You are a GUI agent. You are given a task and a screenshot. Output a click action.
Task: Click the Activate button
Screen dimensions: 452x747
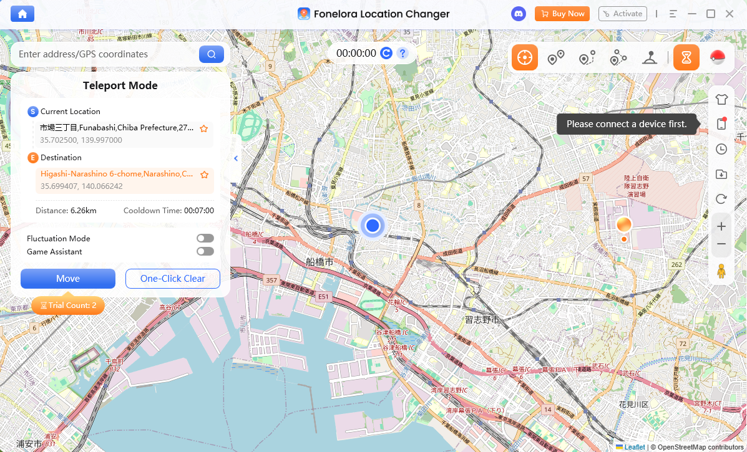(x=622, y=14)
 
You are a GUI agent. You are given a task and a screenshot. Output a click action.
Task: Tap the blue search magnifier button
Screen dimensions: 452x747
(x=212, y=54)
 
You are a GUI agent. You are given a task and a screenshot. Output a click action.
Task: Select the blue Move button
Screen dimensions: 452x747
(x=68, y=279)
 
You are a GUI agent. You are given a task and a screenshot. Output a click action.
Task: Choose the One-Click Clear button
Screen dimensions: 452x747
(x=173, y=279)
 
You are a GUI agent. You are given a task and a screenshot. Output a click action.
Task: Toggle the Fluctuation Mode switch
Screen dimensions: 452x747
(x=205, y=238)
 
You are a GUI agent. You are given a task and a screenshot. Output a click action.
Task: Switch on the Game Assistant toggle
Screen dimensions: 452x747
(x=205, y=251)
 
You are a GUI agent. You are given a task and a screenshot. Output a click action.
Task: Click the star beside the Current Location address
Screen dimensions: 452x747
(x=203, y=128)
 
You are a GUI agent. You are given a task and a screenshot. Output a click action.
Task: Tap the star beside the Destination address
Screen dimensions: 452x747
(x=203, y=175)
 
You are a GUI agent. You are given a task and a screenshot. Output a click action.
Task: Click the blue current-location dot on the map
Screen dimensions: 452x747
(x=373, y=225)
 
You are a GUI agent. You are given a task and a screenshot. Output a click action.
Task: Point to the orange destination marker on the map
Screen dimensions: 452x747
(x=623, y=225)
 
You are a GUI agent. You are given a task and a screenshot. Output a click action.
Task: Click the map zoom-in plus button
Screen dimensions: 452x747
(x=721, y=226)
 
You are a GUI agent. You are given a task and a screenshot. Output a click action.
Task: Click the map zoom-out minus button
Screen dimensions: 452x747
(x=721, y=244)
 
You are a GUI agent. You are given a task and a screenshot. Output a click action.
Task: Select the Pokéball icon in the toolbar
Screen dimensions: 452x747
(x=718, y=58)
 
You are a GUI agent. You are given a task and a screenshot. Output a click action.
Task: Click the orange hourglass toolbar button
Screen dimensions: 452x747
(x=686, y=58)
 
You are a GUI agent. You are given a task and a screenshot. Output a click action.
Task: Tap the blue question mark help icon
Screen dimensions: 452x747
(x=403, y=54)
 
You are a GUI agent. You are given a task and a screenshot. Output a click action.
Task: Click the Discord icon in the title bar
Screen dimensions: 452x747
(x=518, y=14)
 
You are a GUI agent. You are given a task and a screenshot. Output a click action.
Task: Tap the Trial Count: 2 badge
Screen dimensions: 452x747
(x=68, y=305)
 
